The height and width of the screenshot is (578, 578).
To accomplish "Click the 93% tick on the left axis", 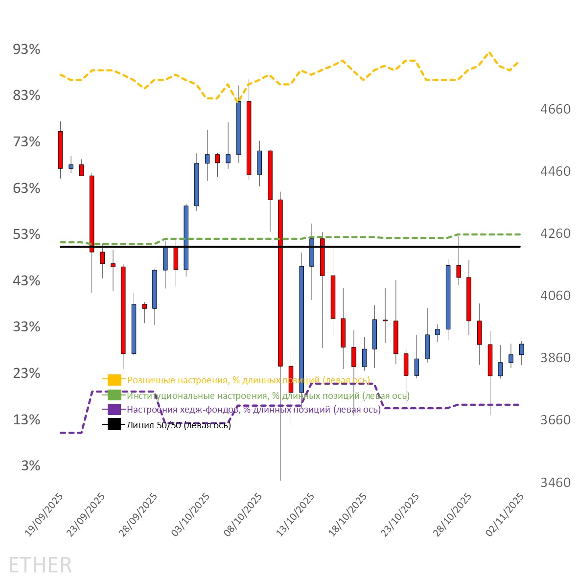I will pyautogui.click(x=27, y=49).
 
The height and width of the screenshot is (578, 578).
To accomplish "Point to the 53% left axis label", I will pyautogui.click(x=27, y=234).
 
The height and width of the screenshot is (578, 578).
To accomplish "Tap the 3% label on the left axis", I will pyautogui.click(x=31, y=466).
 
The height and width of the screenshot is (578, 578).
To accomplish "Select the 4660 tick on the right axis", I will pyautogui.click(x=555, y=109).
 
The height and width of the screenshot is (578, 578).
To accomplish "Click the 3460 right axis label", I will pyautogui.click(x=555, y=483).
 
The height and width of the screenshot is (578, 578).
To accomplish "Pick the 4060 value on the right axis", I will pyautogui.click(x=555, y=296).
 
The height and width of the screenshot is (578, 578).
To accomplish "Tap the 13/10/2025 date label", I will pyautogui.click(x=297, y=514).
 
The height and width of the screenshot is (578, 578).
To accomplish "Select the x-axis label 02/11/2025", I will pyautogui.click(x=506, y=514).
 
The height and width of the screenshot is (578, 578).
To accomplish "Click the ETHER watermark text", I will pyautogui.click(x=40, y=565).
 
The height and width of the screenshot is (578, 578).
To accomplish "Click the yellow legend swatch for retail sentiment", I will pyautogui.click(x=114, y=380).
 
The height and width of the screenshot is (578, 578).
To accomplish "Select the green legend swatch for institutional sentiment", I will pyautogui.click(x=114, y=395).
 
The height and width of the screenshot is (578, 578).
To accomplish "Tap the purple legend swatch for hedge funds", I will pyautogui.click(x=114, y=410).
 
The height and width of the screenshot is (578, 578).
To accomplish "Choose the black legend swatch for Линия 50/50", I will pyautogui.click(x=114, y=425).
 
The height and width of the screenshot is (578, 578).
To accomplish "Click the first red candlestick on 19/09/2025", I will pyautogui.click(x=60, y=150).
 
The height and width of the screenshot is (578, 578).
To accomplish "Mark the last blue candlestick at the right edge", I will pyautogui.click(x=522, y=349).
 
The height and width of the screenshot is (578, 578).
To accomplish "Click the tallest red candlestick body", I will pyautogui.click(x=280, y=283).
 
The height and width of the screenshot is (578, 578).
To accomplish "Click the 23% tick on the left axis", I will pyautogui.click(x=27, y=373).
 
